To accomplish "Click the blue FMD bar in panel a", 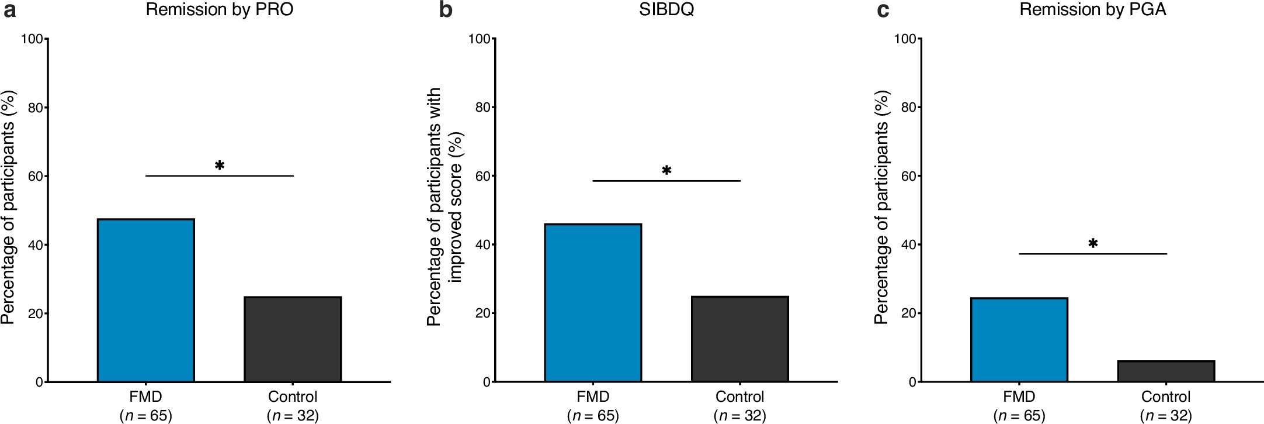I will click(145, 300).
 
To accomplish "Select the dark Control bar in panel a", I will click(293, 339).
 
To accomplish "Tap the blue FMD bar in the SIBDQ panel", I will click(593, 302).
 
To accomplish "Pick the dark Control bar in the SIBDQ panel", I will click(740, 339).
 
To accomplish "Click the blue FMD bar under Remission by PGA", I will click(1019, 340).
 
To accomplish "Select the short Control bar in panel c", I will click(1166, 371).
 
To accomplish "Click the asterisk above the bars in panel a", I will click(220, 166).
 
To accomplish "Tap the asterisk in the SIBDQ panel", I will click(666, 171).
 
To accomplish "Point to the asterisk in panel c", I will click(1093, 244).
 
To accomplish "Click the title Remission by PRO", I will click(219, 10).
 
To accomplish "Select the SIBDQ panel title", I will click(666, 10).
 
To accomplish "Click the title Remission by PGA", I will click(1093, 10).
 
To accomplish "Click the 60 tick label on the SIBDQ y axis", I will click(482, 176).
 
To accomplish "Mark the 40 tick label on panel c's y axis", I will click(908, 244).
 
